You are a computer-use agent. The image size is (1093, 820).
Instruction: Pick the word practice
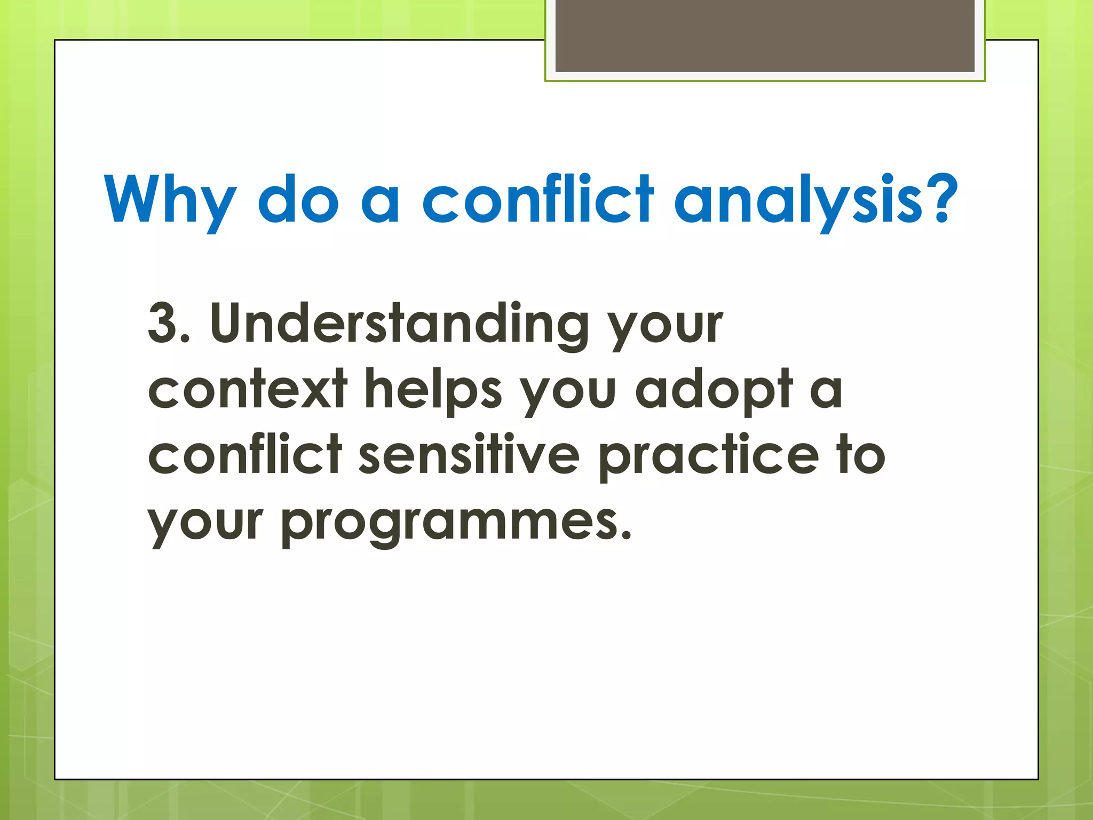(x=709, y=455)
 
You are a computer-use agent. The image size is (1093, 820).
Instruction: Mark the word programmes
(x=456, y=523)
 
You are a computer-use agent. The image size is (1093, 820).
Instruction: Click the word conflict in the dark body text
(x=245, y=455)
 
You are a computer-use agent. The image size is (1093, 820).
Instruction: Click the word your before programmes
(x=205, y=523)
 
